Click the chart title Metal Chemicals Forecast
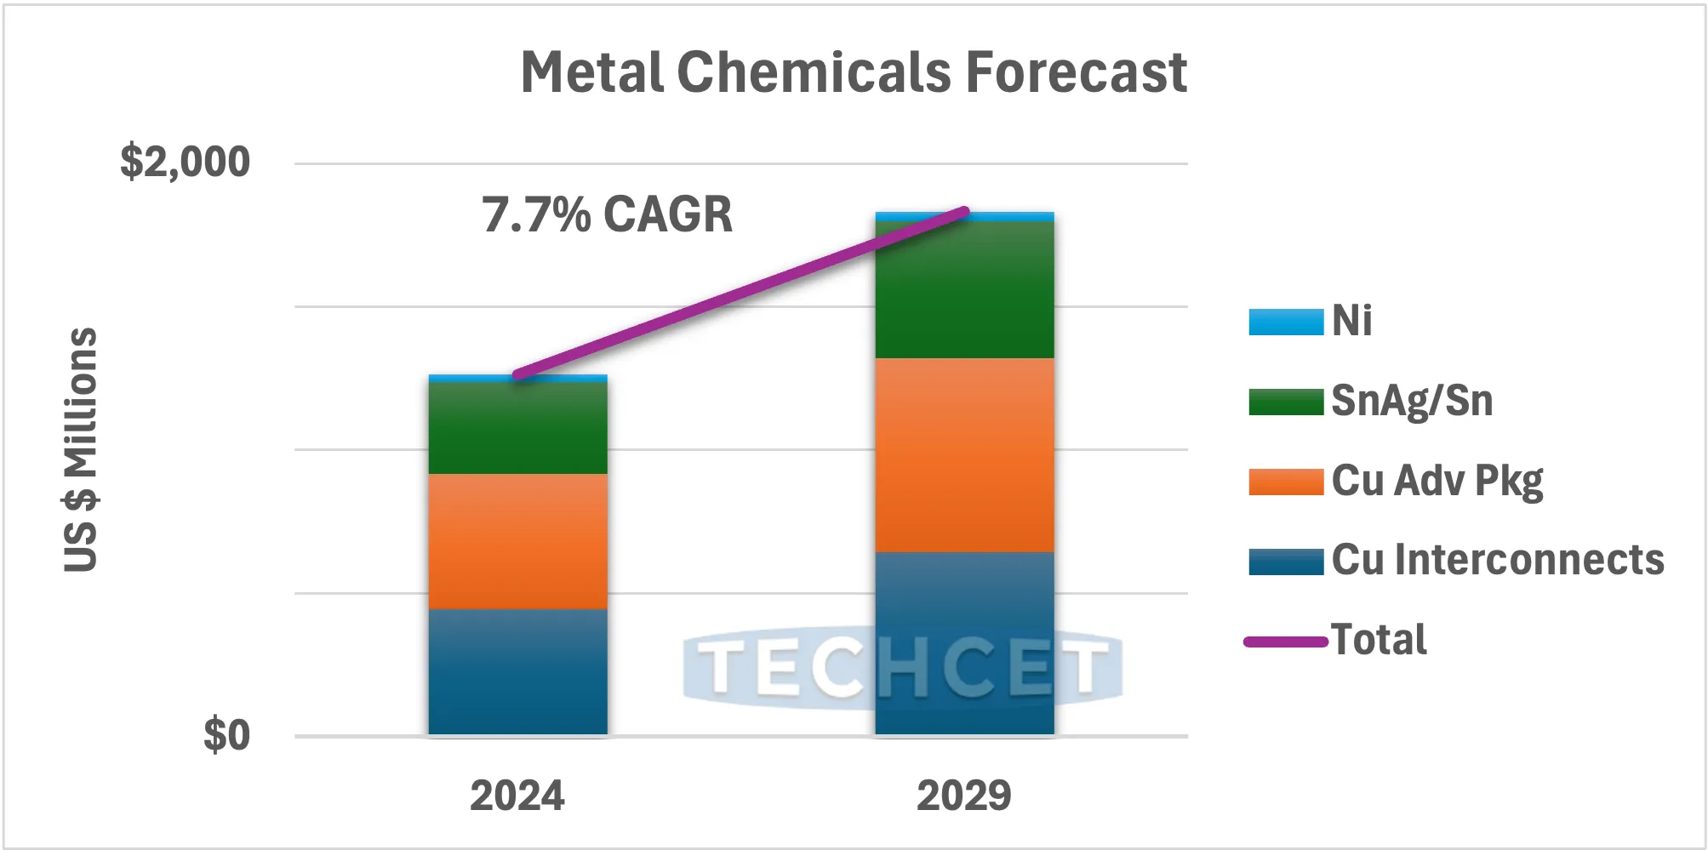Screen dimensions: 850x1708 point(854,72)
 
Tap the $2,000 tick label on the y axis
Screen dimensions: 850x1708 point(185,162)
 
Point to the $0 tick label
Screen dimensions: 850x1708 point(226,735)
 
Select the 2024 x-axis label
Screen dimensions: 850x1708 point(517,796)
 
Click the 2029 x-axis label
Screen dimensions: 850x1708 point(964,796)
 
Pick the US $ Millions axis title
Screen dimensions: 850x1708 point(81,449)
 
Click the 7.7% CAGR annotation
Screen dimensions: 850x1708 point(607,214)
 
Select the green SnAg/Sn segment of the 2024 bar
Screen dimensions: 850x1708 point(517,428)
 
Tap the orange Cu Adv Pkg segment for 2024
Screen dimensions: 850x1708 point(517,541)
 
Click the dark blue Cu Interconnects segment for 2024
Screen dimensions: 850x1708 point(517,672)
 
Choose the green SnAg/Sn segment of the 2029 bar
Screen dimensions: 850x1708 point(964,289)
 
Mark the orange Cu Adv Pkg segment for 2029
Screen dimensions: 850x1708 point(964,455)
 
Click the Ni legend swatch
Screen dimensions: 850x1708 point(1286,322)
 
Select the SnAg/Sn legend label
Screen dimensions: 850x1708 point(1412,401)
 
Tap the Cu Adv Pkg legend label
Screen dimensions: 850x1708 point(1437,481)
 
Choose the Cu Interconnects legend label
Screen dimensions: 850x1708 point(1498,560)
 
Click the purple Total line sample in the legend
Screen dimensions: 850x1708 point(1286,642)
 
